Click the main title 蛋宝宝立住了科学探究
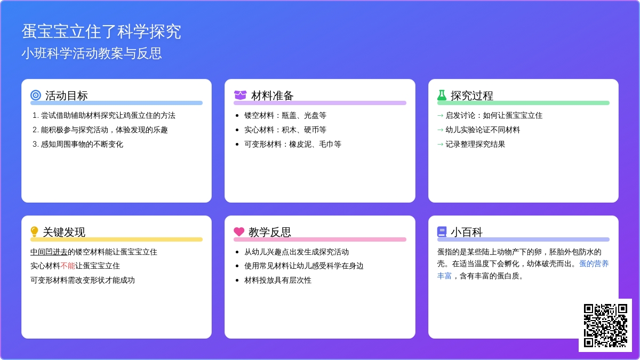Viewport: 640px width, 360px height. (x=101, y=31)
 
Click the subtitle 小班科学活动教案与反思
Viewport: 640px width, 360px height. (x=92, y=53)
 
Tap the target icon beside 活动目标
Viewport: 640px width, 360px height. (x=36, y=95)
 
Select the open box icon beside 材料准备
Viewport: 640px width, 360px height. (x=240, y=95)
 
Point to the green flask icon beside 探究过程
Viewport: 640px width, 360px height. (x=442, y=95)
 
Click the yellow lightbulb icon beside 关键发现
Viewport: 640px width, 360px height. (x=35, y=232)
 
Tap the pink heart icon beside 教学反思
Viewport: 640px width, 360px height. (x=239, y=232)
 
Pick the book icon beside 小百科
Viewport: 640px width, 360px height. (x=442, y=232)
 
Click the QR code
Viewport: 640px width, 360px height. (x=605, y=325)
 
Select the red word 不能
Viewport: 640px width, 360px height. (x=68, y=266)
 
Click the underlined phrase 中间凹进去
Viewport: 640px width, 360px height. (x=49, y=252)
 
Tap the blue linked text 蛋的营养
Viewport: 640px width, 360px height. (x=594, y=263)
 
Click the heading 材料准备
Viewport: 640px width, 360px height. (x=273, y=95)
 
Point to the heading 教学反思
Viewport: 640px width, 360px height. (x=270, y=232)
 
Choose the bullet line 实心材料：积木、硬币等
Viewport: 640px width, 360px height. (x=285, y=130)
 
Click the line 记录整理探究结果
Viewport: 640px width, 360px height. (x=475, y=144)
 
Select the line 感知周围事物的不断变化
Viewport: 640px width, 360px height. (x=82, y=144)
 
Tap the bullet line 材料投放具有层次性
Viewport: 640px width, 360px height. (x=278, y=280)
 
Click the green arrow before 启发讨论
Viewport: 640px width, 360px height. (x=440, y=115)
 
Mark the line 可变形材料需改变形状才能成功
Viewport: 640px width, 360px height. (x=83, y=280)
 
